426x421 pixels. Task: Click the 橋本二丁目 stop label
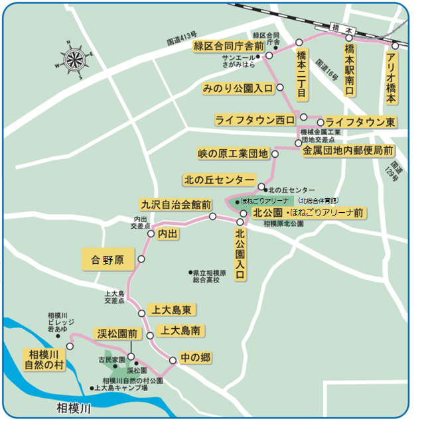click(301, 74)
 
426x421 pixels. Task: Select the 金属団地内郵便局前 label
click(348, 150)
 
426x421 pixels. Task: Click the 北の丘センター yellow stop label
click(219, 180)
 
